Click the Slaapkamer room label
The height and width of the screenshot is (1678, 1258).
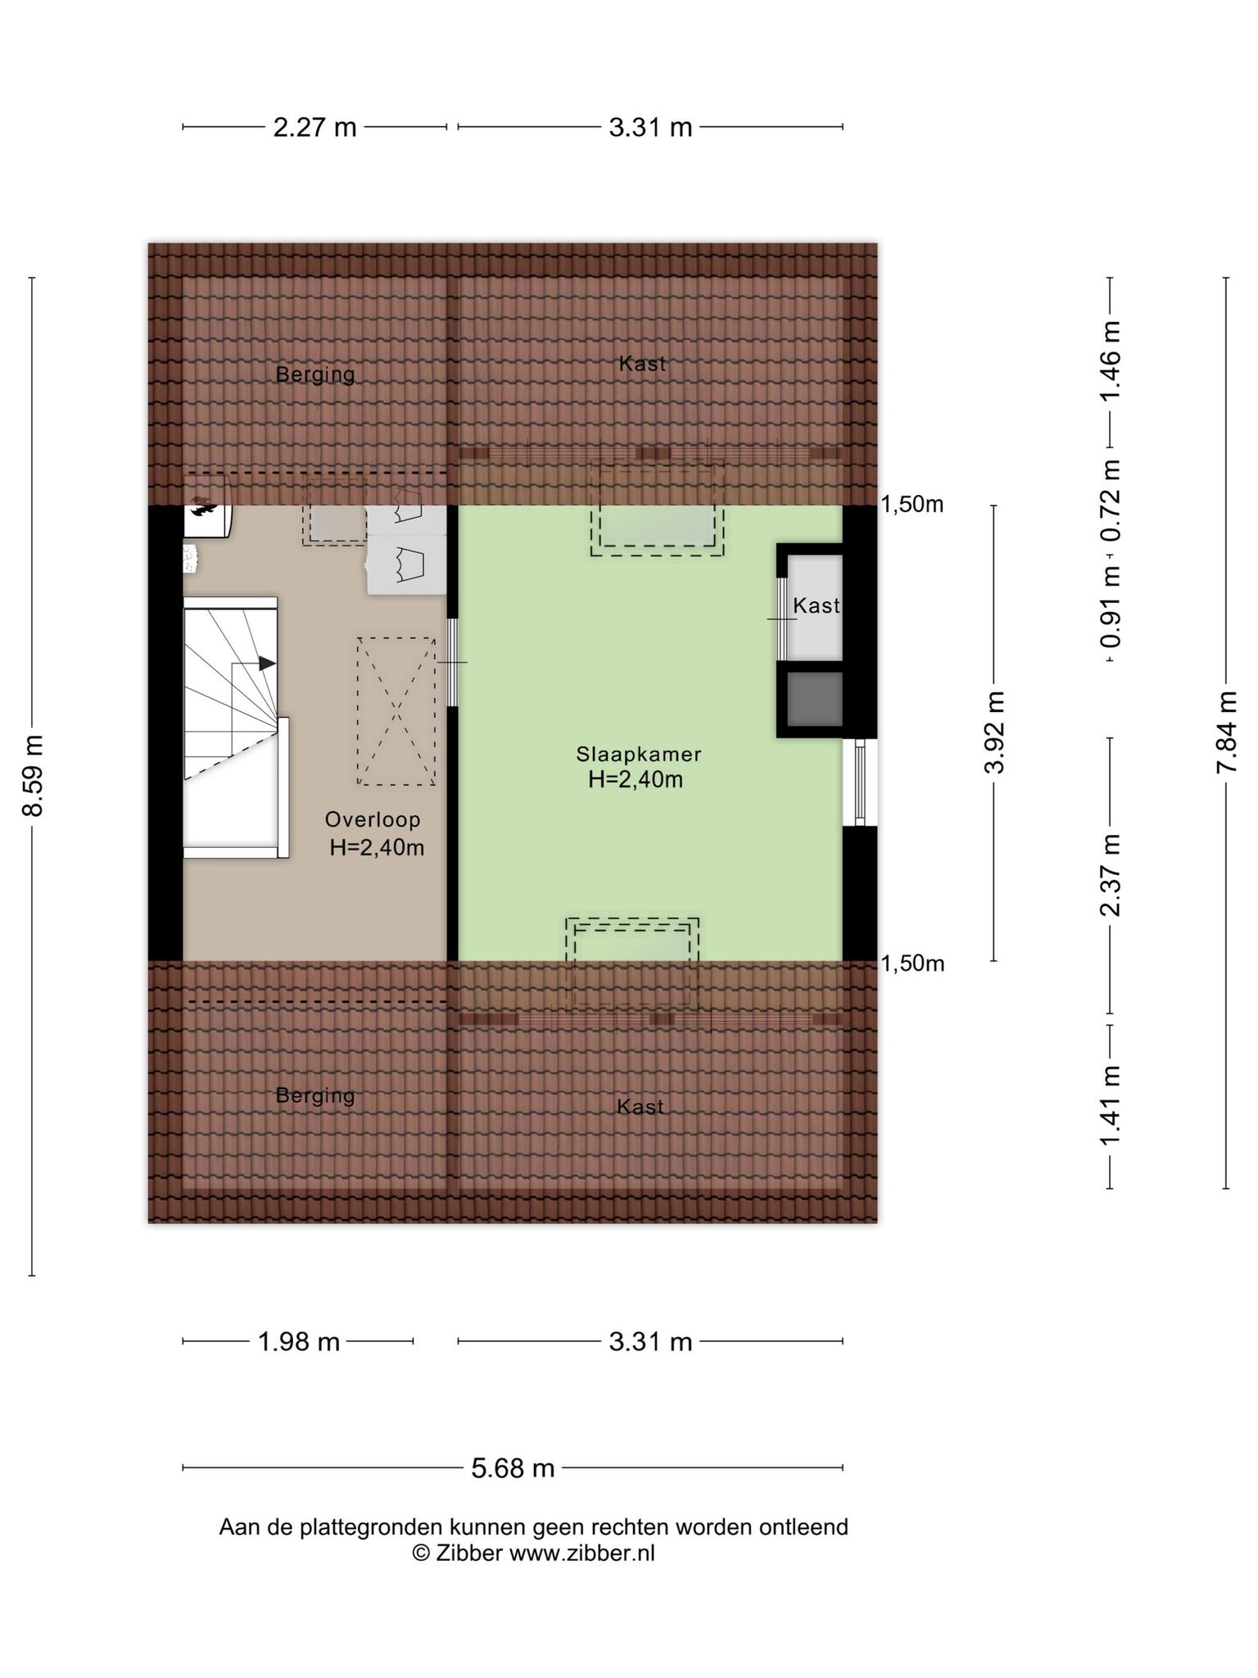coord(638,754)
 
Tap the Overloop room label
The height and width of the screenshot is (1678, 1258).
coord(373,819)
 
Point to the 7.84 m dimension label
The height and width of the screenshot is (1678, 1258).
coord(1226,732)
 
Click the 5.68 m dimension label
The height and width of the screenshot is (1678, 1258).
coord(513,1468)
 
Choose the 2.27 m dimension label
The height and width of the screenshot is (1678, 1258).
coord(314,128)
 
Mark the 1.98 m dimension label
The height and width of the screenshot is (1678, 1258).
coord(298,1342)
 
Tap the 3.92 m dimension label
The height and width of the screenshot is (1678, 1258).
coord(994,732)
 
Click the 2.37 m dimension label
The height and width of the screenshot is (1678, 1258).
coord(1110,876)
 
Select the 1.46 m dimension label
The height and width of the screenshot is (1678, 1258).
coord(1110,361)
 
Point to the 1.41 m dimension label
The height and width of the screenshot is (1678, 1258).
coord(1110,1106)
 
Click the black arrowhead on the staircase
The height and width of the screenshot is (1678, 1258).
coord(267,663)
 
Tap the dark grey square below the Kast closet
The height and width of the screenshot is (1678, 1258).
coord(814,699)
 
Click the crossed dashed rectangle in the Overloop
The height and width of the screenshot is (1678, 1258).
coord(396,711)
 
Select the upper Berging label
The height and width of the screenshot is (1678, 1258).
coord(315,374)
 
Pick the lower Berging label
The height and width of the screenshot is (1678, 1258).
coord(315,1095)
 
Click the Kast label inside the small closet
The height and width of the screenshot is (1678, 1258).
coord(817,605)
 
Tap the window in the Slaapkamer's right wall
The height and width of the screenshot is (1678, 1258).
coord(860,782)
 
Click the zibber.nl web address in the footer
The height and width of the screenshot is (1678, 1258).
coord(582,1553)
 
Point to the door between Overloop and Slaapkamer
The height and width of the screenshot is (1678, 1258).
coord(452,662)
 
